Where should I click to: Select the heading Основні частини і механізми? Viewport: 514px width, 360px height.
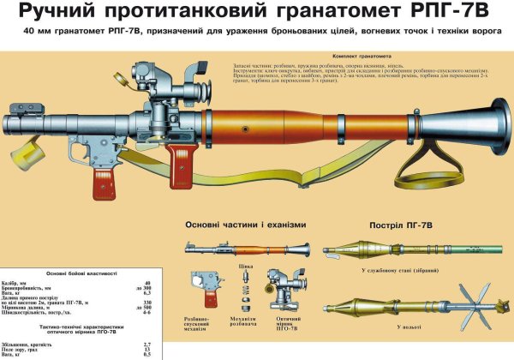pyautogui.click(x=244, y=225)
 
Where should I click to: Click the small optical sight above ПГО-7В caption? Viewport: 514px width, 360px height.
pyautogui.click(x=283, y=287)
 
